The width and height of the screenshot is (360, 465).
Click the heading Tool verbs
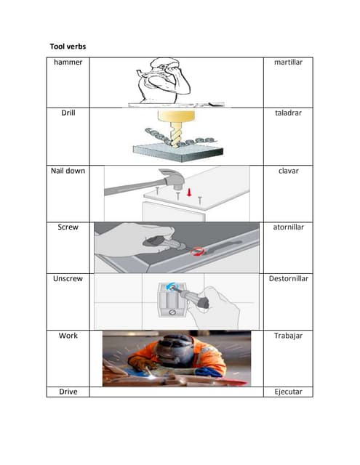tap(68, 46)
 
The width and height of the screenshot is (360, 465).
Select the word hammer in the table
tap(68, 62)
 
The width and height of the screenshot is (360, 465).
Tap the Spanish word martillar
tap(288, 62)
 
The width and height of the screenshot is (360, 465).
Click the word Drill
tap(68, 113)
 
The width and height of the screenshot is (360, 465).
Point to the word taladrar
tap(288, 113)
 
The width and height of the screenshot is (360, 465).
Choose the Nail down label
tap(68, 171)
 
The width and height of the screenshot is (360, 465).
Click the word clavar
tap(288, 171)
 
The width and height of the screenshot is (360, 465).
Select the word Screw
tap(68, 227)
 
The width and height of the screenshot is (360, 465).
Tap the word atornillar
tap(288, 227)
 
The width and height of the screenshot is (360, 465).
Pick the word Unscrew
tap(68, 279)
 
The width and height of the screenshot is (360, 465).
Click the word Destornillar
tap(288, 279)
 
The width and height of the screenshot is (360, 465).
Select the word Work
tap(68, 336)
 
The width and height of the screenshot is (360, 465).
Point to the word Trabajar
tap(288, 336)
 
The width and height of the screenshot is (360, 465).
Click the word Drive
tap(68, 392)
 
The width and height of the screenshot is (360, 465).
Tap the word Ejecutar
tap(288, 392)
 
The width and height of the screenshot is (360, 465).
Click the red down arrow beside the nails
tap(189, 192)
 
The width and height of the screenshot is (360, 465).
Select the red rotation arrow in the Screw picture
tap(197, 252)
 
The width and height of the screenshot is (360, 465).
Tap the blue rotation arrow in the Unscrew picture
tap(170, 286)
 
